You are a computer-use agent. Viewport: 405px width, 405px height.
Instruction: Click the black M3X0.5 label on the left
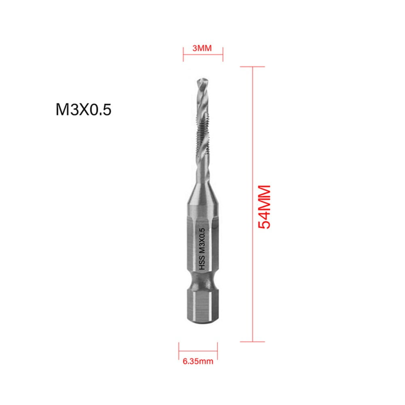[x=83, y=110]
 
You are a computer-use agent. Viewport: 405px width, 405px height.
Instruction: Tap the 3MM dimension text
[x=202, y=49]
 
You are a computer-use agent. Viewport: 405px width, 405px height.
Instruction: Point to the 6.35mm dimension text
[x=198, y=361]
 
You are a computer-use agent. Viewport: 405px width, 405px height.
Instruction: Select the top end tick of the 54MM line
[x=253, y=67]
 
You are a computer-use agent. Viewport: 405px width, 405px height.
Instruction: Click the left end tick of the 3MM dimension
[x=183, y=53]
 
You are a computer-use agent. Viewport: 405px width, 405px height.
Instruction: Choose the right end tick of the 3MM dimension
[x=223, y=53]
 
